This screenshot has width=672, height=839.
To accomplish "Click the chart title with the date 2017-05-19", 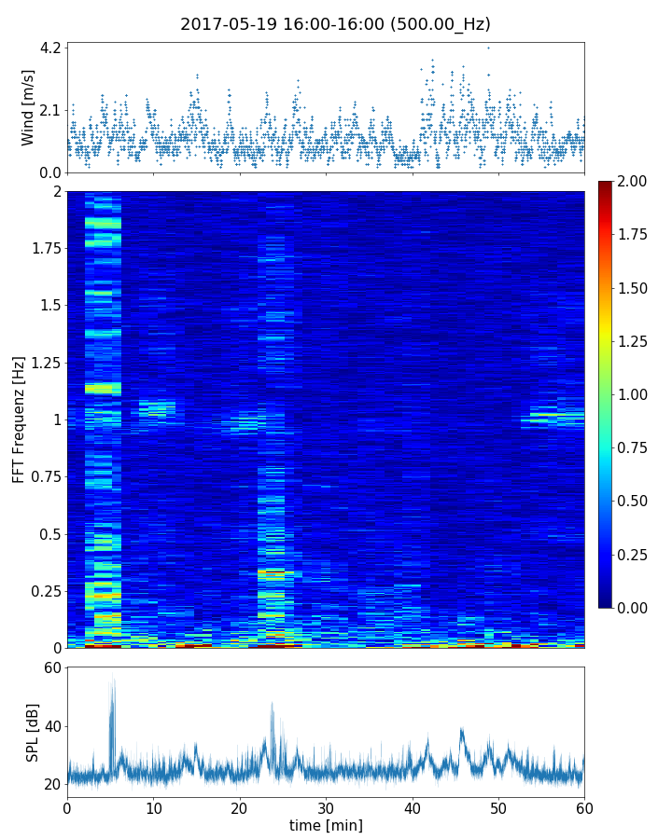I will click(x=335, y=24).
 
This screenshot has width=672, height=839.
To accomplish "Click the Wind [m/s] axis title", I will click(x=28, y=107).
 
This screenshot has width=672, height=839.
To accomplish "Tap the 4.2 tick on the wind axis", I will click(x=50, y=48).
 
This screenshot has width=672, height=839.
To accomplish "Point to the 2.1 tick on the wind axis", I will click(x=50, y=110).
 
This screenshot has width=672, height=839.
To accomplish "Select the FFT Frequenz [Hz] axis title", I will click(x=19, y=419).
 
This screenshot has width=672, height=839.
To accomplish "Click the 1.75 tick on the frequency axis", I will click(x=43, y=249).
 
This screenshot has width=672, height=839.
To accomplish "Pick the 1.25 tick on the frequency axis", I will click(x=43, y=363).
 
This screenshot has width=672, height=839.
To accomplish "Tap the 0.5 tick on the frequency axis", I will click(x=49, y=534).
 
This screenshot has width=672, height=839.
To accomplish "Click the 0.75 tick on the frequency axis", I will click(x=43, y=477).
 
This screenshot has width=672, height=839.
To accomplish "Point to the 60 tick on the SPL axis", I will click(x=51, y=667).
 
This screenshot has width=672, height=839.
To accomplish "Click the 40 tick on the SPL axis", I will click(x=51, y=726).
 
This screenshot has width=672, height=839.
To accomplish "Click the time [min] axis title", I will click(x=326, y=826).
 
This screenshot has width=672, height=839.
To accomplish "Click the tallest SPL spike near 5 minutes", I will click(x=113, y=679).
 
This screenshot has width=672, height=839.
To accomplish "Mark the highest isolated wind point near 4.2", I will click(x=488, y=48).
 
